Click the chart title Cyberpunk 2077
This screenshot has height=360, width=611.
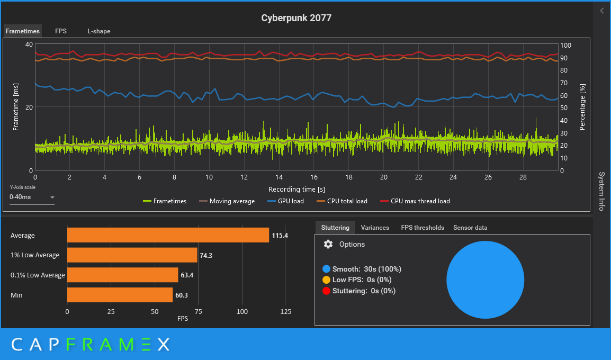[x=296, y=18]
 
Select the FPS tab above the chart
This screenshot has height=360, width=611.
[x=61, y=31]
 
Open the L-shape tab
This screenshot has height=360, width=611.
[x=99, y=31]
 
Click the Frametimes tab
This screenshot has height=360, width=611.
[x=23, y=31]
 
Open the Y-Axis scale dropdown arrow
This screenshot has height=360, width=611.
[x=52, y=197]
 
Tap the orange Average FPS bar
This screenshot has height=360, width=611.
[x=168, y=235]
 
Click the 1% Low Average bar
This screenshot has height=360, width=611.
[x=132, y=255]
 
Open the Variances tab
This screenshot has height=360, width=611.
[x=375, y=228]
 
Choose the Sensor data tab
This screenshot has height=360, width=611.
[x=470, y=228]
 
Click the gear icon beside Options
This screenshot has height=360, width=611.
[x=328, y=244]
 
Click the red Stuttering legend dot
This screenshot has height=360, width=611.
[x=327, y=291]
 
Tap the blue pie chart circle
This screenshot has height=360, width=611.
[x=485, y=280]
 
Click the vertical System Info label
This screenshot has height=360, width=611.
[x=601, y=191]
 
